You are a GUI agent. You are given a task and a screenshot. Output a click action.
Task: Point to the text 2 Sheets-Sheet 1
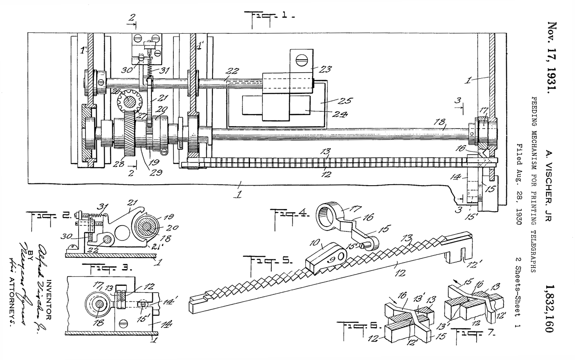(520, 297)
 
